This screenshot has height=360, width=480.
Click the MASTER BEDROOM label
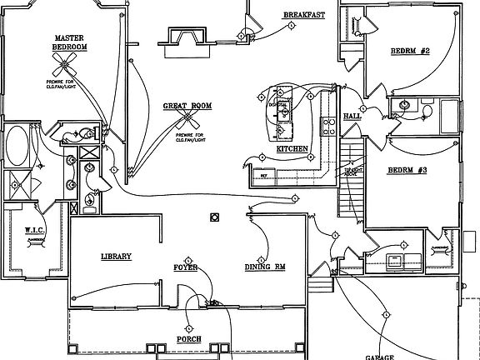tap(70, 42)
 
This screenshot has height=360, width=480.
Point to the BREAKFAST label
tap(303, 15)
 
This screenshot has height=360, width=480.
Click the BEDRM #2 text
tap(409, 52)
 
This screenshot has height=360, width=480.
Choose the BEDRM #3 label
tap(407, 170)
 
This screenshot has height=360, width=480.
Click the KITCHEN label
tap(292, 149)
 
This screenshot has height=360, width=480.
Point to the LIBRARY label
tap(116, 257)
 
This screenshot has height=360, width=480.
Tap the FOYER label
tap(185, 267)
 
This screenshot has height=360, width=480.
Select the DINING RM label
tap(264, 267)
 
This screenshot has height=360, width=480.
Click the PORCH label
tap(188, 339)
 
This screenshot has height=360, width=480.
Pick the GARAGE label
tap(379, 356)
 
